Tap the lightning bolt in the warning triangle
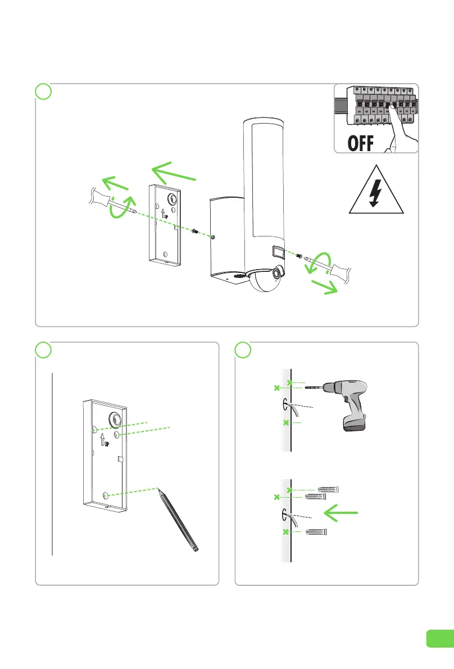376,194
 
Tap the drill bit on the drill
313,388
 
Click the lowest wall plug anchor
316,531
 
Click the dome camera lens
277,274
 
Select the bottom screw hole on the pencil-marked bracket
105,495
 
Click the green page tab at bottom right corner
439,638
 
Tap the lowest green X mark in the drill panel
286,422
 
